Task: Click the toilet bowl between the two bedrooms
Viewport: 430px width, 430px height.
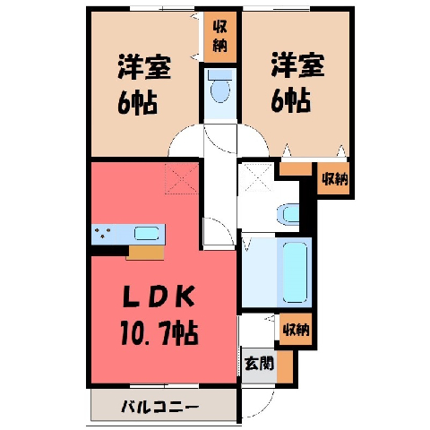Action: coord(220,90)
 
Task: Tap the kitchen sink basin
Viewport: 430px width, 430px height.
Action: coord(146,234)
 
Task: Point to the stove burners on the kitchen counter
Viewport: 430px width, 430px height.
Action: coord(102,233)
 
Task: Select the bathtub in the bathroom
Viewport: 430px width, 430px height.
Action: coord(295,272)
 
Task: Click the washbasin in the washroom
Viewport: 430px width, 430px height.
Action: coord(288,214)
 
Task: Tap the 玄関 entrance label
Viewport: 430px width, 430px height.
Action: coord(259,364)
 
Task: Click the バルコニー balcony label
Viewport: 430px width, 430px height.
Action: coord(159,407)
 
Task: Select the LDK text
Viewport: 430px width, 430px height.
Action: coord(159,297)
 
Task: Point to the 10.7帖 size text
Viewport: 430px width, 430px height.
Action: coord(159,333)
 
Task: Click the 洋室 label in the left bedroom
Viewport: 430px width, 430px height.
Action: coord(144,66)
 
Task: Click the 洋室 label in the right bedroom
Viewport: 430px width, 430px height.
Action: coord(297,64)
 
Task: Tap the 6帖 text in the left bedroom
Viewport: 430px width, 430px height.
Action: coord(137,103)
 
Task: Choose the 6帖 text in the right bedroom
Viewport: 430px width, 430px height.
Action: coord(290,101)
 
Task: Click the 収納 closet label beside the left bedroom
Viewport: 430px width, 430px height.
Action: coord(220,37)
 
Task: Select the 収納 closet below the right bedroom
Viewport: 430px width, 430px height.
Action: coord(335,179)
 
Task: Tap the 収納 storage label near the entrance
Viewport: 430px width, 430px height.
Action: coord(296,330)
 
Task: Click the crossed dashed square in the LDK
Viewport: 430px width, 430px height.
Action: coord(182,178)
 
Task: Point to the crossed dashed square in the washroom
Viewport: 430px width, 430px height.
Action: coord(256,177)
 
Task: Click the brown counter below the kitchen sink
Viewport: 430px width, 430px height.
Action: coord(146,253)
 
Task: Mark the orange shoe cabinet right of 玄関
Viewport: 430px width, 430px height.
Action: coord(285,366)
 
